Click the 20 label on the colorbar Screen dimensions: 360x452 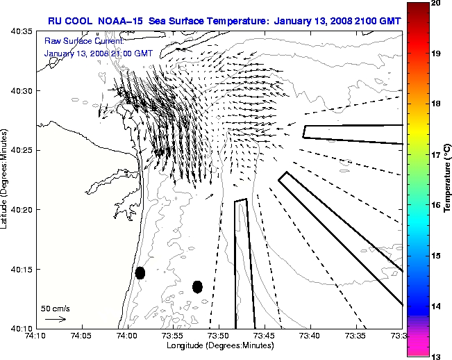[x=437, y=3]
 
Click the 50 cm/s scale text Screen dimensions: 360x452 [x=56, y=308]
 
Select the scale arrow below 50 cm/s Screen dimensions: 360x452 [x=56, y=319]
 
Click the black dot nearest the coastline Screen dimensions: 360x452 [x=140, y=272]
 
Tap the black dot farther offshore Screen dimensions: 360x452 [x=197, y=286]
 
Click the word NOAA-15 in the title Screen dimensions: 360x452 [x=124, y=21]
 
